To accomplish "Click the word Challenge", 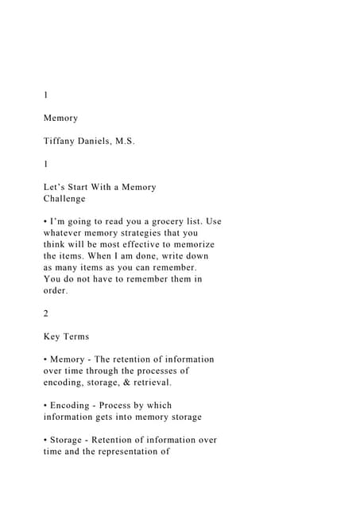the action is click(64, 199).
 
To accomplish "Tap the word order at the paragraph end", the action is click(56, 291).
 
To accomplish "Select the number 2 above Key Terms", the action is click(46, 313).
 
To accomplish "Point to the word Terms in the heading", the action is click(78, 336).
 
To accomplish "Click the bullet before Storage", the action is click(45, 440).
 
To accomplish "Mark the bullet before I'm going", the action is click(45, 221).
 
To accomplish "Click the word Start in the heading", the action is click(84, 187).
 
